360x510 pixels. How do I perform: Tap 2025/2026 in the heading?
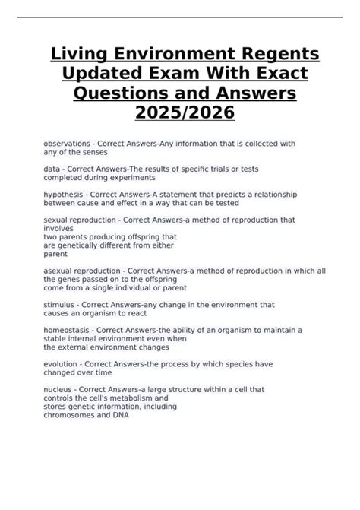pyautogui.click(x=180, y=113)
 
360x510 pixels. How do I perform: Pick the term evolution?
pyautogui.click(x=65, y=364)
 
